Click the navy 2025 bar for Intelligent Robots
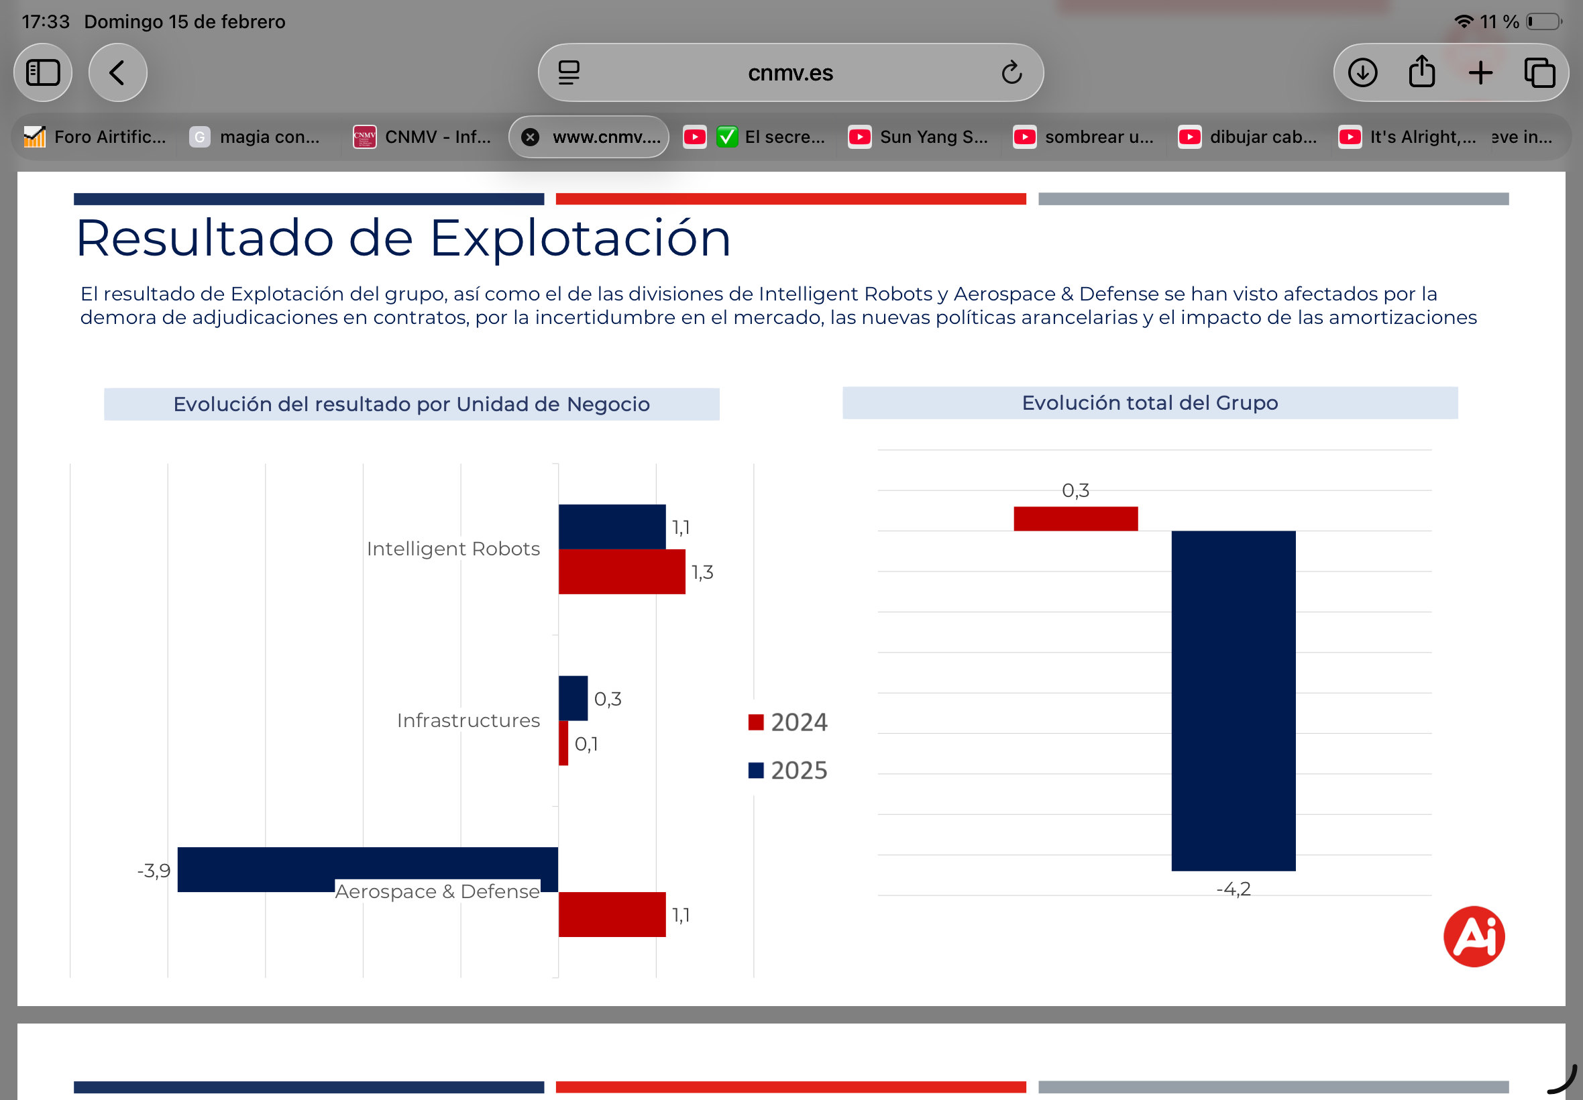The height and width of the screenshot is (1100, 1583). coord(612,527)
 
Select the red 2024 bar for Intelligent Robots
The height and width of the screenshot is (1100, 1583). coord(622,571)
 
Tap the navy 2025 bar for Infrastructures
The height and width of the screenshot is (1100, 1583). coord(573,698)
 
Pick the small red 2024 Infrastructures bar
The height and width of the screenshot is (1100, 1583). coord(563,743)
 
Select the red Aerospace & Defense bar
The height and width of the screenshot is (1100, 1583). coord(612,915)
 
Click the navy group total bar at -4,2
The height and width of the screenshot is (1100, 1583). coord(1233,700)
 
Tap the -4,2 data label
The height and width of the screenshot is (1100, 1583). coord(1233,889)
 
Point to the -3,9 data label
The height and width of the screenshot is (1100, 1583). coord(154,871)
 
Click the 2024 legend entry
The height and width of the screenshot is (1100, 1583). coord(787,722)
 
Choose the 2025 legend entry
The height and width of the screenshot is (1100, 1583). coord(787,771)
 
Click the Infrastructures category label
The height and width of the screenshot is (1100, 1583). coord(468,720)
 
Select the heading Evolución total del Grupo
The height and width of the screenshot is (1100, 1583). coord(1150,402)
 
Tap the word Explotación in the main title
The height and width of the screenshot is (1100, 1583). coord(580,238)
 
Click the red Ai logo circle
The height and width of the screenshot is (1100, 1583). coord(1474,936)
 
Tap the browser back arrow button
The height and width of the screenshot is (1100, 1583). coord(118,72)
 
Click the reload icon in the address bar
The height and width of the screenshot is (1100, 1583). coord(1011,72)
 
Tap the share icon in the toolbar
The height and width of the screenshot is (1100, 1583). coord(1422,72)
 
